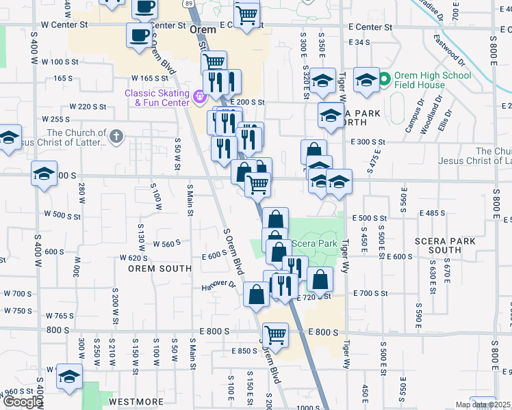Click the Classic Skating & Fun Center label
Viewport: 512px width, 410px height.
point(157,98)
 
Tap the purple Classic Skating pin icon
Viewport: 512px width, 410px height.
point(199,97)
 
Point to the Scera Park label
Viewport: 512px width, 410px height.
point(314,243)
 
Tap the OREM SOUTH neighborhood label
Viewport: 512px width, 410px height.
point(159,269)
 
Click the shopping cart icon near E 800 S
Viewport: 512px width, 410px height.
point(275,334)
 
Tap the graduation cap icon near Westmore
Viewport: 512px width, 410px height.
point(69,377)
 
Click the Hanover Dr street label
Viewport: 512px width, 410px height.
point(218,286)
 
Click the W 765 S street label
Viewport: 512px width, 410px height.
point(60,316)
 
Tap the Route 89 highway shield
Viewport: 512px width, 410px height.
point(188,3)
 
